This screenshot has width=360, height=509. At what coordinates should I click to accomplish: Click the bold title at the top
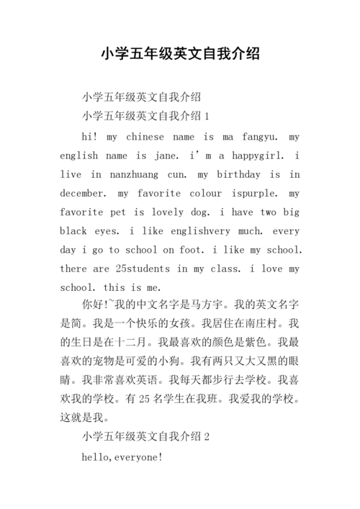(180, 54)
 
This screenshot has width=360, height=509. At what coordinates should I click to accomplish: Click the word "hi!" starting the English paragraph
(91, 136)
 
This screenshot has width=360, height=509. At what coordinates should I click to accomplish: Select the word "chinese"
(145, 136)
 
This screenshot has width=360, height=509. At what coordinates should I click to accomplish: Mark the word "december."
(83, 193)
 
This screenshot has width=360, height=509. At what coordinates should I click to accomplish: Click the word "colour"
(205, 193)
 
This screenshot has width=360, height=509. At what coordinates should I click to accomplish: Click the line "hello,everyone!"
(122, 456)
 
